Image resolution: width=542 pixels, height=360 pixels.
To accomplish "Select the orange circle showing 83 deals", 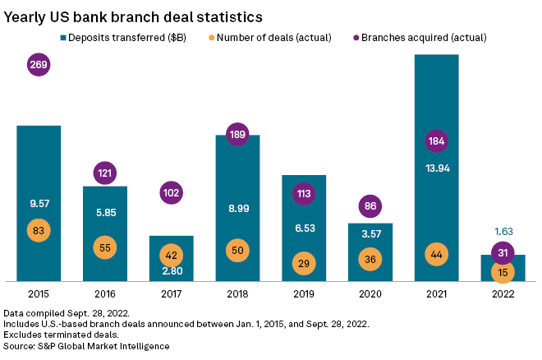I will [x=39, y=229].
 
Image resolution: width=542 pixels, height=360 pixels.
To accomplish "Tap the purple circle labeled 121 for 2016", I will [x=105, y=174].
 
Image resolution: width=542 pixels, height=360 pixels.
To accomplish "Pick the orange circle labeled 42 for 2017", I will [x=171, y=254].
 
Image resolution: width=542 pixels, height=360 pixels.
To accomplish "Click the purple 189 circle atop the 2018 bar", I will [x=237, y=135].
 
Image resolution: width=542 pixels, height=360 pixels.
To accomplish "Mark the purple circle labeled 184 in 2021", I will [x=436, y=142].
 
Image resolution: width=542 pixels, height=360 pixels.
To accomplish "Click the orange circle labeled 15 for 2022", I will [x=502, y=270].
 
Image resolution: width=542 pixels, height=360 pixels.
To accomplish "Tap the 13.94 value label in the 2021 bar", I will [x=436, y=168].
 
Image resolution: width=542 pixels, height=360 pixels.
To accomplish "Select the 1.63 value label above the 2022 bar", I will [x=502, y=233].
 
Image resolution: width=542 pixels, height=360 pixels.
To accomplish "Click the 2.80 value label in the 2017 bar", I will [x=171, y=271].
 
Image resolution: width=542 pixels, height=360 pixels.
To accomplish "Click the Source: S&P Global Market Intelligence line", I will [x=86, y=346].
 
